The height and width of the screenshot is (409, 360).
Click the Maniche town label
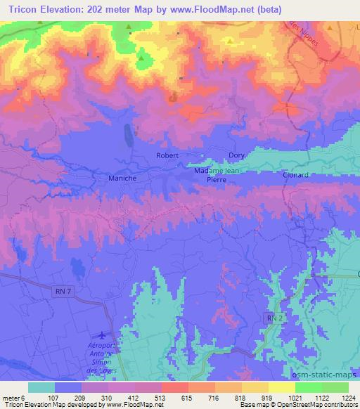(x=122, y=178)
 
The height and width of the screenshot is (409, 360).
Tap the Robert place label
(x=167, y=155)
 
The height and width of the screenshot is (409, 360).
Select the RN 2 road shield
(x=274, y=318)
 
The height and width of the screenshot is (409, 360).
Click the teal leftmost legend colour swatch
(x=41, y=387)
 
